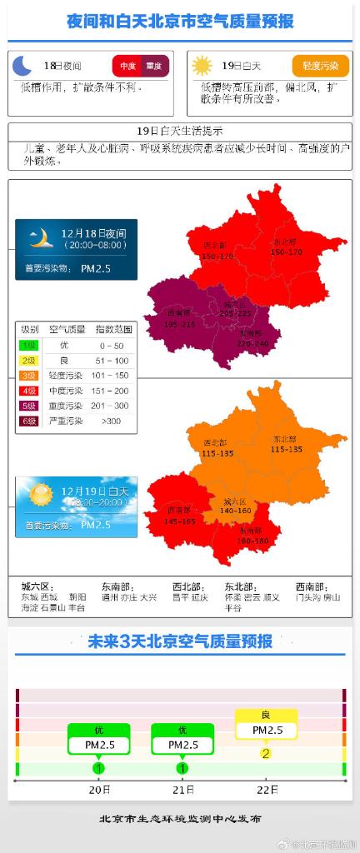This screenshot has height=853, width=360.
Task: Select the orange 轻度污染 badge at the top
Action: tap(320, 65)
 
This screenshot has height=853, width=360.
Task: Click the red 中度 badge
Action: tap(127, 66)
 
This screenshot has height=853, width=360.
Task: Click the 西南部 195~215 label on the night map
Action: tap(179, 318)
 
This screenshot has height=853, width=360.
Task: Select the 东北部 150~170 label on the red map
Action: tap(286, 247)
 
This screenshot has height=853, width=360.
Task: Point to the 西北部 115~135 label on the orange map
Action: tap(217, 447)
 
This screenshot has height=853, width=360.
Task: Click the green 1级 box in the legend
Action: tap(29, 345)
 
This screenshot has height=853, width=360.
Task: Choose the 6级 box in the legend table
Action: tap(29, 421)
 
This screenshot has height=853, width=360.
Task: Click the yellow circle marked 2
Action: tap(266, 753)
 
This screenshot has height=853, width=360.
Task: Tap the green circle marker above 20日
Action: tap(98, 767)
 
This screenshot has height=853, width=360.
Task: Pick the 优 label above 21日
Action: tap(182, 730)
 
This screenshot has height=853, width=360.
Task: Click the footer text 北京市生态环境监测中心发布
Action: tap(179, 819)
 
